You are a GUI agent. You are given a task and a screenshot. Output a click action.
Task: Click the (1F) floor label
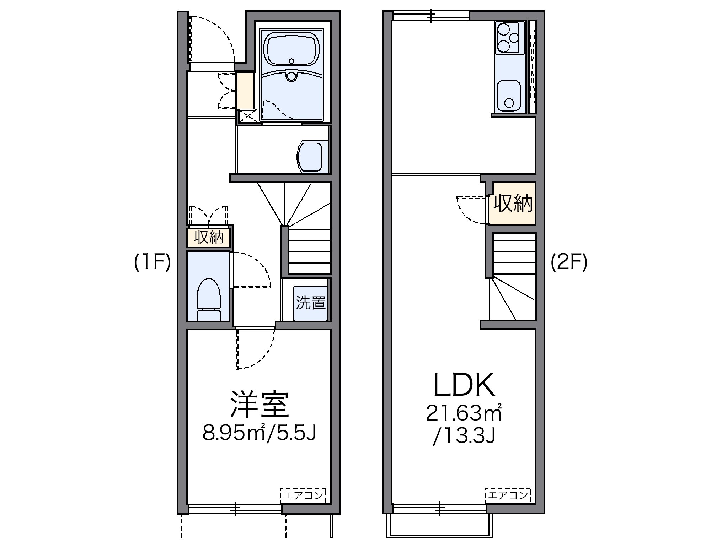pos(152,263)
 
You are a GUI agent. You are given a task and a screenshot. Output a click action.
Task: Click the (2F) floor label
pos(569,263)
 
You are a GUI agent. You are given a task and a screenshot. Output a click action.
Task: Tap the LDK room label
pos(464,385)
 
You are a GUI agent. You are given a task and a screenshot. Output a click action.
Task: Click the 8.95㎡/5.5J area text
pos(259,432)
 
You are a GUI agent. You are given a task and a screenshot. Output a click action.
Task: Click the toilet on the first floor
pos(208,298)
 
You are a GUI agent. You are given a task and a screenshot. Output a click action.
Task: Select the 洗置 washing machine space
pos(311,302)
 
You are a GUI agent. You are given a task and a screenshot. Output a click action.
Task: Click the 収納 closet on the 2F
pos(513,204)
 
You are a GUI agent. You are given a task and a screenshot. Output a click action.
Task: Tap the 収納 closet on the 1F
pos(209,237)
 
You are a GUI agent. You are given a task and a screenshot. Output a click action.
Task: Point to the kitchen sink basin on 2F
pos(509,96)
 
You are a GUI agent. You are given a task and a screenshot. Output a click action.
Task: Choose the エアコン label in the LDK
pos(508,495)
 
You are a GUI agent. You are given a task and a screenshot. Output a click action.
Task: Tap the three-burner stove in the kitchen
pos(509,38)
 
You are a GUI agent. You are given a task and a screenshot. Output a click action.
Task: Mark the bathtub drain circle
pos(292,61)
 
